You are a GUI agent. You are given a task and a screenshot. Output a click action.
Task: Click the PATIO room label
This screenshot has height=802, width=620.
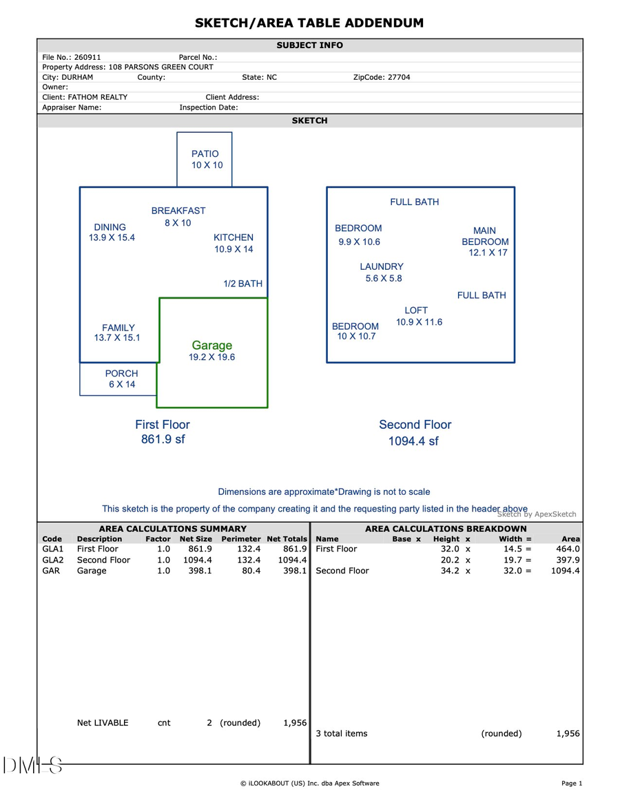pyautogui.click(x=205, y=154)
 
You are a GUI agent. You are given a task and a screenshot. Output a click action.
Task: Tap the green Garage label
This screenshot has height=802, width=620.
pyautogui.click(x=211, y=346)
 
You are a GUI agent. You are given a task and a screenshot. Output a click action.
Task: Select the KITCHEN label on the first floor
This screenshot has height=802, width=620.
pyautogui.click(x=234, y=238)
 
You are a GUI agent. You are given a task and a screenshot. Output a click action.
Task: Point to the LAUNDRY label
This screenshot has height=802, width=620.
pyautogui.click(x=382, y=266)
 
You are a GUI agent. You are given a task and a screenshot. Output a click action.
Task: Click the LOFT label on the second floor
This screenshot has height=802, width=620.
pyautogui.click(x=416, y=310)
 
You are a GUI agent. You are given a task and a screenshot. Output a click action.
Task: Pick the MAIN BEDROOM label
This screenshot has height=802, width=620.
pyautogui.click(x=485, y=236)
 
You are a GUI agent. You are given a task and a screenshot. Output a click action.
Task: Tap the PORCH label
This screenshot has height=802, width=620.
pyautogui.click(x=121, y=374)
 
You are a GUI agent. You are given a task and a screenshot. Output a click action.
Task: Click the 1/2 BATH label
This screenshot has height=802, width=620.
pyautogui.click(x=242, y=284)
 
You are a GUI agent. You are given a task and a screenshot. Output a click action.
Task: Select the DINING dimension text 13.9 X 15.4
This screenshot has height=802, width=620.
pyautogui.click(x=112, y=238)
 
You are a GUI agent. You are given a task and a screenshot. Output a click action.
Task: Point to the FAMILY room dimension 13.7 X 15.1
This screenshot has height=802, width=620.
pyautogui.click(x=117, y=338)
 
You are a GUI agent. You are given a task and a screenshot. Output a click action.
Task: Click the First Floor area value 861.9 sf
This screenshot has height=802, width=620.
pyautogui.click(x=163, y=439)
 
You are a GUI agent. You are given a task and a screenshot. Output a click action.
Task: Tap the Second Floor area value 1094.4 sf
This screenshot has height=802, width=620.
pyautogui.click(x=413, y=441)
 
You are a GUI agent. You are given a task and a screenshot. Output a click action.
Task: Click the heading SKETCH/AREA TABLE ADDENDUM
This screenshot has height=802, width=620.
pyautogui.click(x=309, y=23)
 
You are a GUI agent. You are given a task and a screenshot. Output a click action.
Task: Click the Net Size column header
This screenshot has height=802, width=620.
pyautogui.click(x=196, y=539)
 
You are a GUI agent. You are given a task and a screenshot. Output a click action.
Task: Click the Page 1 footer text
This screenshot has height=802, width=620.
pyautogui.click(x=572, y=783)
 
